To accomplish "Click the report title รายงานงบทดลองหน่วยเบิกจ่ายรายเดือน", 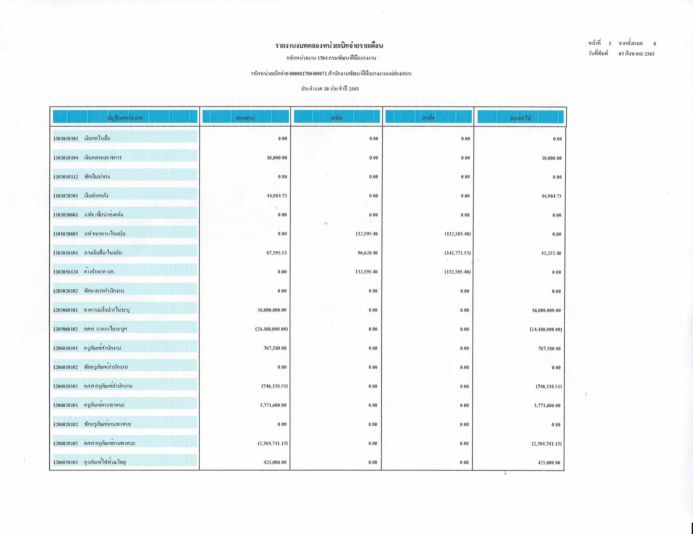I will (x=329, y=46).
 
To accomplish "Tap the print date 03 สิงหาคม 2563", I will (x=636, y=54).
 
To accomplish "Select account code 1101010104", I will (x=66, y=158).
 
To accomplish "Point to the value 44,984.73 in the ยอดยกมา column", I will (x=276, y=196).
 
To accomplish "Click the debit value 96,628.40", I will (x=368, y=253).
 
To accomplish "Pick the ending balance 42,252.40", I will (x=551, y=253).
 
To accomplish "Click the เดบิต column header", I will (x=337, y=118).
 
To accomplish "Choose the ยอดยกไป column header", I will (x=520, y=118).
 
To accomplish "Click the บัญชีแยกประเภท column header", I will (x=125, y=118).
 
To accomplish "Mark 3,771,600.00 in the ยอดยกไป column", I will (x=546, y=405).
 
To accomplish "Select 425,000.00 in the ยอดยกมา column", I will (x=275, y=462).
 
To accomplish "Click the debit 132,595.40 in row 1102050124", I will (x=366, y=272).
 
